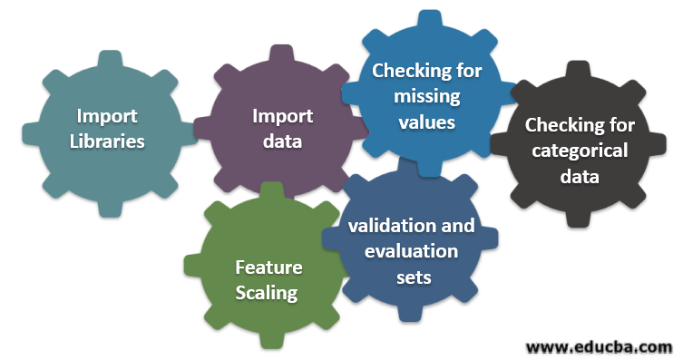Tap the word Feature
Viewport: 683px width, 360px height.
268,268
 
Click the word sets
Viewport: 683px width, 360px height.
414,277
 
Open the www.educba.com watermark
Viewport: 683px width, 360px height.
600,346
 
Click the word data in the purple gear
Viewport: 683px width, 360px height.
282,141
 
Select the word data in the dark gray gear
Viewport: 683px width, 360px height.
580,176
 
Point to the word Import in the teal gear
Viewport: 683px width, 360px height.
108,116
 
